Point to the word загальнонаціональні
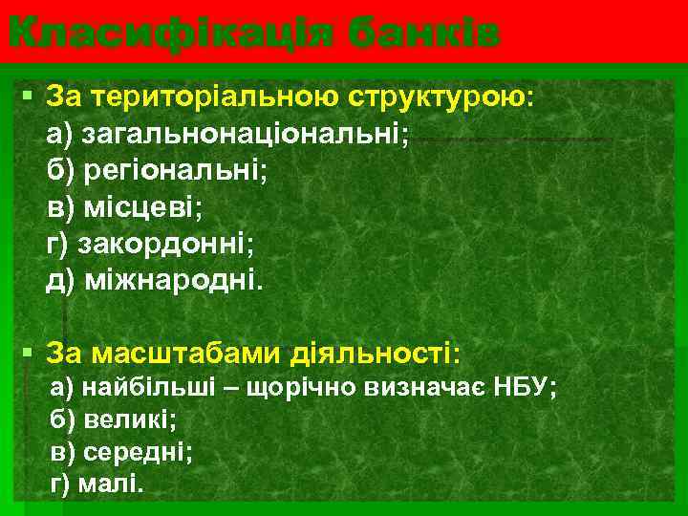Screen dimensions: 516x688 (x=245, y=134)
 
